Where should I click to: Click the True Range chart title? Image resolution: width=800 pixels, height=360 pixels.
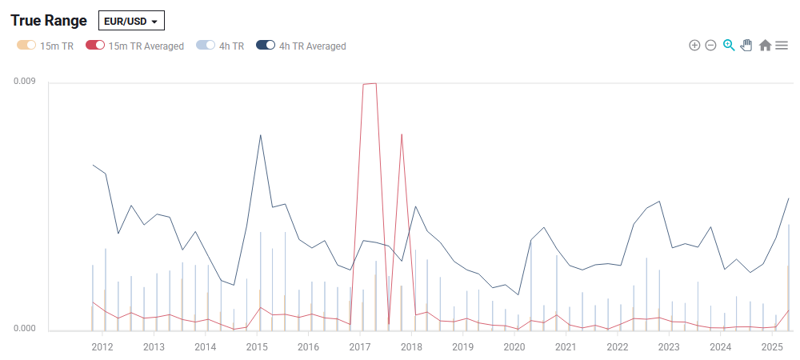point(48,20)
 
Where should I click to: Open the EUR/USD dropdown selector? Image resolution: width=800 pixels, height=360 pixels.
point(131,21)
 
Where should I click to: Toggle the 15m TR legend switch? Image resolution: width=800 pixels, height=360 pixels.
point(26,46)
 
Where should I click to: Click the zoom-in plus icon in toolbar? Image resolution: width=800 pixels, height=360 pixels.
point(694,46)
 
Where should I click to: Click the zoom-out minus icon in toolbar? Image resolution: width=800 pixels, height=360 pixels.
point(710,46)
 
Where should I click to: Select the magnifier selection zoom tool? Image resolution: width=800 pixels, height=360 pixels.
point(729,46)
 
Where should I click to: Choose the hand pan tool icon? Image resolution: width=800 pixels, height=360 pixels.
point(746,46)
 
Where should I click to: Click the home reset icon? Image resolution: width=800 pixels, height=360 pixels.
point(765,46)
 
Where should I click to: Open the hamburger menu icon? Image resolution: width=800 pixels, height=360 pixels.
point(782,46)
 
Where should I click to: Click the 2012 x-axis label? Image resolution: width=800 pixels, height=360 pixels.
point(102,347)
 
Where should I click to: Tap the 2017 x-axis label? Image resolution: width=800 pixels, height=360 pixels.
point(359,347)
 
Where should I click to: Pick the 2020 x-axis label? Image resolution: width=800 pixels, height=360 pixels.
point(514,347)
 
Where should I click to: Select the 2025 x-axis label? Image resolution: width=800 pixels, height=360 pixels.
point(772,347)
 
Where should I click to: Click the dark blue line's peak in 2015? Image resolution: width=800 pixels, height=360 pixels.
point(260,135)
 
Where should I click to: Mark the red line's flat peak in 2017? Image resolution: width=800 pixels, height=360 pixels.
point(370,83)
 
